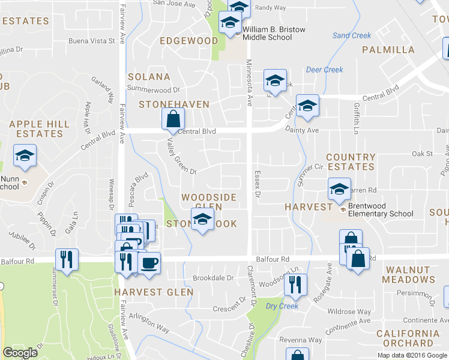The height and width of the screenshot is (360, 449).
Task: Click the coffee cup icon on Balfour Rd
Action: click(x=149, y=262)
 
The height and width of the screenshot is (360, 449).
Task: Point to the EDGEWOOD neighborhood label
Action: click(x=188, y=41)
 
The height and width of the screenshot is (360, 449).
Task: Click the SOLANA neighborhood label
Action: click(x=149, y=77)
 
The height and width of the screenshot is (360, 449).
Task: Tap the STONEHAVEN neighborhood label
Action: click(x=174, y=104)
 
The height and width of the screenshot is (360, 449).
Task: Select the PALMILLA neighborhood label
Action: click(x=388, y=49)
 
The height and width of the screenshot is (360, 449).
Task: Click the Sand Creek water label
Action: click(x=352, y=35)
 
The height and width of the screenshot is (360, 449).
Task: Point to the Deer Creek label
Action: click(x=324, y=70)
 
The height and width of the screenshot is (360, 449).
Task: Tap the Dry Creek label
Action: click(x=282, y=306)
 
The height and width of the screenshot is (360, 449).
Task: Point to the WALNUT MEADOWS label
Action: click(x=410, y=275)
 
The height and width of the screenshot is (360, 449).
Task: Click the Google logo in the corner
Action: click(x=20, y=353)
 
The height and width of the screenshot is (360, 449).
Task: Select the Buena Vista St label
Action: click(x=91, y=41)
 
